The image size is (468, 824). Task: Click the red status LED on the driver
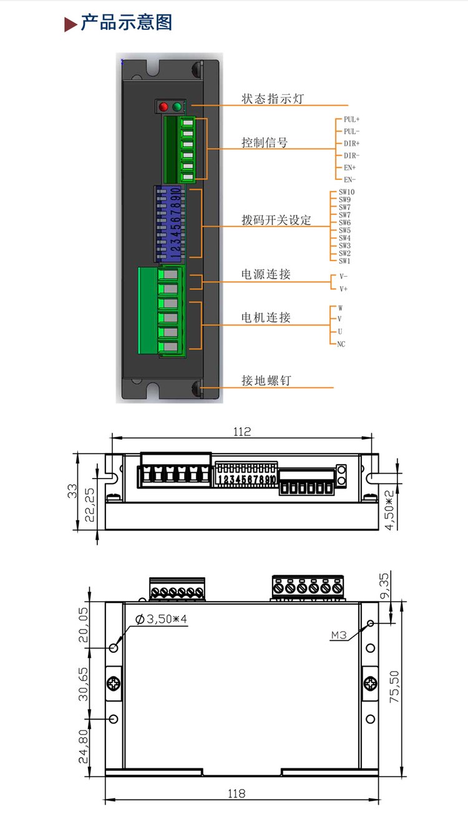[x=164, y=106]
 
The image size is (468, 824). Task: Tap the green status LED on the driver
[x=177, y=106]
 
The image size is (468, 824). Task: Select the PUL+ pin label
[x=351, y=119]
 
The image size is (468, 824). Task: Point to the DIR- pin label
[x=351, y=156]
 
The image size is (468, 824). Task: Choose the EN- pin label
[x=349, y=180]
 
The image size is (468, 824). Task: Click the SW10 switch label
[x=347, y=192]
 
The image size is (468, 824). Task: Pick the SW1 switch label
[x=344, y=261]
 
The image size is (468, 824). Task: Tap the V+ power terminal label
[x=343, y=289]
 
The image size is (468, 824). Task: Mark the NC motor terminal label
[x=341, y=344]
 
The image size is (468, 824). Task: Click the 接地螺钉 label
[x=266, y=380]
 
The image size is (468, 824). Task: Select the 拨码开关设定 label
[x=276, y=221]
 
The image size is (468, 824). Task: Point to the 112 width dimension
[x=241, y=432]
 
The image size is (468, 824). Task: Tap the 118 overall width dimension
[x=236, y=794]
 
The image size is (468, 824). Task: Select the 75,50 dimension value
[x=394, y=687]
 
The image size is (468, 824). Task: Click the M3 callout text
[x=339, y=635]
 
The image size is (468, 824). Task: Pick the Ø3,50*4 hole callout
[x=162, y=619]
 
